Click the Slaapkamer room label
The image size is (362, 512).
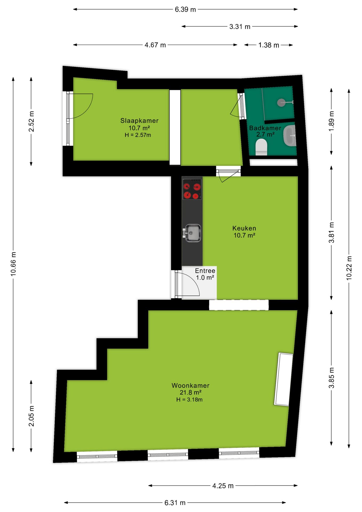139,121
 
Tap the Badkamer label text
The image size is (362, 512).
265,128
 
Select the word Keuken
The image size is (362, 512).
244,228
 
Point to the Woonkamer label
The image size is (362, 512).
191,385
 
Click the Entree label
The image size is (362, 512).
205,271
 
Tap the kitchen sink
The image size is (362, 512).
192,233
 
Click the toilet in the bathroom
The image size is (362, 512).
261,147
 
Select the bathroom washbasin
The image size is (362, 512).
289,136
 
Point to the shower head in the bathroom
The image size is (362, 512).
281,102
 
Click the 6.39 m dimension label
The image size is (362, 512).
185,10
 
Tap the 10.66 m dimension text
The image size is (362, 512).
13,264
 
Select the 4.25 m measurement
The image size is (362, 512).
223,486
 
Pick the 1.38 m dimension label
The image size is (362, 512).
269,45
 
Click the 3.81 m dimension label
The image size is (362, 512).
331,233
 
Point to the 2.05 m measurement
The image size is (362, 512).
31,416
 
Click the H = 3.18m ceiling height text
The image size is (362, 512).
189,399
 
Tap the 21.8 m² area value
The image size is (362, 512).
190,392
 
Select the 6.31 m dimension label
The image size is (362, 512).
175,503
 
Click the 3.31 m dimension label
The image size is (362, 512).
240,27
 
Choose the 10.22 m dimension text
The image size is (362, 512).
349,268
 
